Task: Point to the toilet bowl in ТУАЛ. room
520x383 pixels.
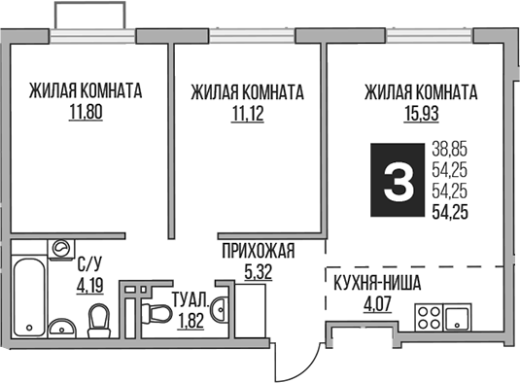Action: point(157,314)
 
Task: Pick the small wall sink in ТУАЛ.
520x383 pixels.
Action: point(222,310)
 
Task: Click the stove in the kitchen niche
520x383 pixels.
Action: point(455,316)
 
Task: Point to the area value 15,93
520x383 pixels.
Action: point(420,113)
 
